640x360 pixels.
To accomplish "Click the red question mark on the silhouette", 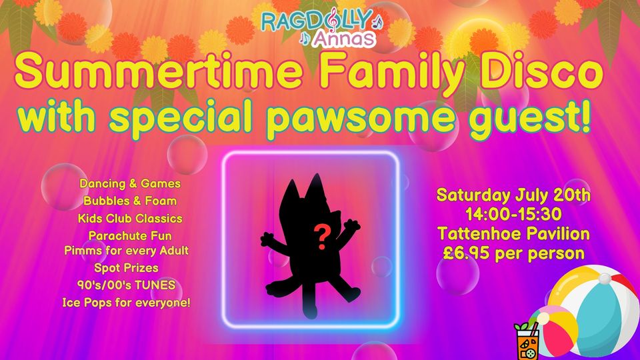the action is pyautogui.click(x=321, y=238).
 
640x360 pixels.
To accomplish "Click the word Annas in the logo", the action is pyautogui.click(x=345, y=39).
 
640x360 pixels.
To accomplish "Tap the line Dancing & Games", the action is pyautogui.click(x=130, y=184).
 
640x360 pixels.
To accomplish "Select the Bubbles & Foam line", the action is pyautogui.click(x=130, y=201).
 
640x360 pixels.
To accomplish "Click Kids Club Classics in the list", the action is pyautogui.click(x=130, y=219).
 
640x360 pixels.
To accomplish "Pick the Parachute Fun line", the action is pyautogui.click(x=130, y=236).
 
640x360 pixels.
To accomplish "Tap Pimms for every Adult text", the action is pyautogui.click(x=127, y=250).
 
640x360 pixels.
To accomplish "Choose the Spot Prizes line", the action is pyautogui.click(x=126, y=268).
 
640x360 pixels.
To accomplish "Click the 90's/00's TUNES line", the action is pyautogui.click(x=127, y=285).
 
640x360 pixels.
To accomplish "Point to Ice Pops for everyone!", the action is pyautogui.click(x=127, y=303).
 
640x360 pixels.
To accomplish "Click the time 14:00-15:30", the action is pyautogui.click(x=514, y=214).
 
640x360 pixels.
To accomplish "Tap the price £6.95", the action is pyautogui.click(x=466, y=253).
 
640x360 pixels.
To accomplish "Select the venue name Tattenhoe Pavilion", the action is pyautogui.click(x=514, y=234).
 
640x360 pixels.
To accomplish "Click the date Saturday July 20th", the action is pyautogui.click(x=513, y=195).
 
